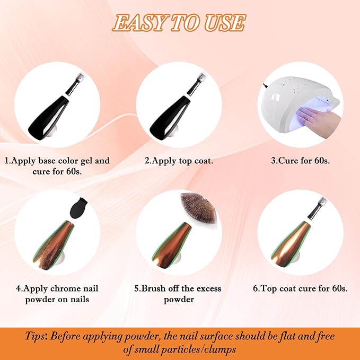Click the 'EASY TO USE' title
tap(179, 23)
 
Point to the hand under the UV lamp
tap(319, 121)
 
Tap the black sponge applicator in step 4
tap(78, 208)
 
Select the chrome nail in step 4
tap(54, 245)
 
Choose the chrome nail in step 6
tap(291, 244)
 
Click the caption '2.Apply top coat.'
tap(179, 161)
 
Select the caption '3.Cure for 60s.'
tap(300, 161)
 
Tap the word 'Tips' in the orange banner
tap(35, 336)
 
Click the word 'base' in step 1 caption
tap(47, 161)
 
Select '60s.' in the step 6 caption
tap(339, 288)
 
